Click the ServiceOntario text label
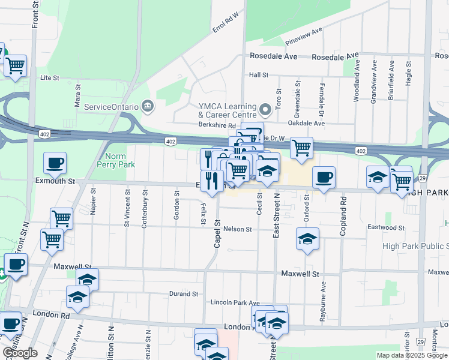(x=112, y=107)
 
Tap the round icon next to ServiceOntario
(x=148, y=107)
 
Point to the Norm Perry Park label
(x=115, y=160)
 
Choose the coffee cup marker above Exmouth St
(x=55, y=163)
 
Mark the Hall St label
(x=258, y=75)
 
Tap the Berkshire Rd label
(x=217, y=125)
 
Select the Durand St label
(x=186, y=293)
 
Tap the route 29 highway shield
(x=422, y=178)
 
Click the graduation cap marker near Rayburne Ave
(x=307, y=241)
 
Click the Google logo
(x=20, y=353)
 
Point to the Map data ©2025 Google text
(x=411, y=355)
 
